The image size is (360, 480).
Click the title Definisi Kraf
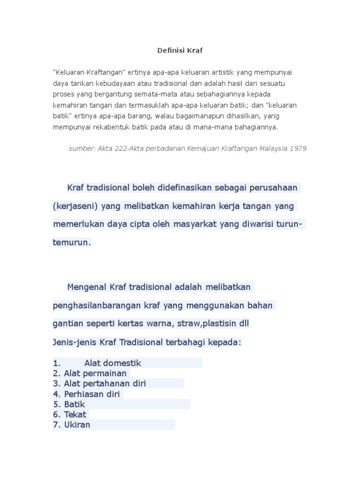pos(180,50)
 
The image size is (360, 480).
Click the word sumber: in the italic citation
pos(81,148)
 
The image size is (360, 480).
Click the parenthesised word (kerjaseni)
pos(75,206)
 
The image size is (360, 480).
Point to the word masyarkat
pos(193,224)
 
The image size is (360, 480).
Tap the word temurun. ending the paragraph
pos(71,242)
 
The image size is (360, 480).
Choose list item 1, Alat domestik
pos(112,363)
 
